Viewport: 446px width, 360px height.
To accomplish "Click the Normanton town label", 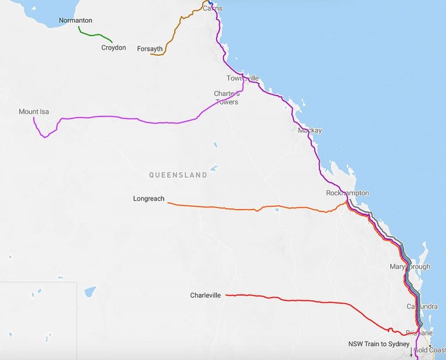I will pyautogui.click(x=75, y=20).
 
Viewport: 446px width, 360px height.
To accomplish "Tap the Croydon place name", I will pyautogui.click(x=113, y=48).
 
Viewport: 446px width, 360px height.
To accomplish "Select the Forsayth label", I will pyautogui.click(x=150, y=49).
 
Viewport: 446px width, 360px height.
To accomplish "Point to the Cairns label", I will pyautogui.click(x=213, y=8).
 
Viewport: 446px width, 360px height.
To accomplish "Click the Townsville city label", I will pyautogui.click(x=242, y=78).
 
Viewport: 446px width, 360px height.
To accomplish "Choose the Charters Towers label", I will pyautogui.click(x=226, y=98).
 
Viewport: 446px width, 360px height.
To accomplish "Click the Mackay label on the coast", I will pyautogui.click(x=310, y=131).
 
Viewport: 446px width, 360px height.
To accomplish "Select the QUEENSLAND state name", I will pyautogui.click(x=178, y=175).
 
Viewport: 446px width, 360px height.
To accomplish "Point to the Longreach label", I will pyautogui.click(x=149, y=199).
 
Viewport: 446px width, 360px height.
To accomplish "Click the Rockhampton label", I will pyautogui.click(x=347, y=193).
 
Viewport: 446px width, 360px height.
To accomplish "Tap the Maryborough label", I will pyautogui.click(x=410, y=267).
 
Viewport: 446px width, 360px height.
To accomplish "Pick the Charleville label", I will pyautogui.click(x=206, y=295).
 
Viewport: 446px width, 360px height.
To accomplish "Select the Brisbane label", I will pyautogui.click(x=419, y=333).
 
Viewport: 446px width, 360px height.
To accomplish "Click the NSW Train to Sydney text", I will pyautogui.click(x=379, y=344).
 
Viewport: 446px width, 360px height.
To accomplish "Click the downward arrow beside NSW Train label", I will pyautogui.click(x=411, y=352).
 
